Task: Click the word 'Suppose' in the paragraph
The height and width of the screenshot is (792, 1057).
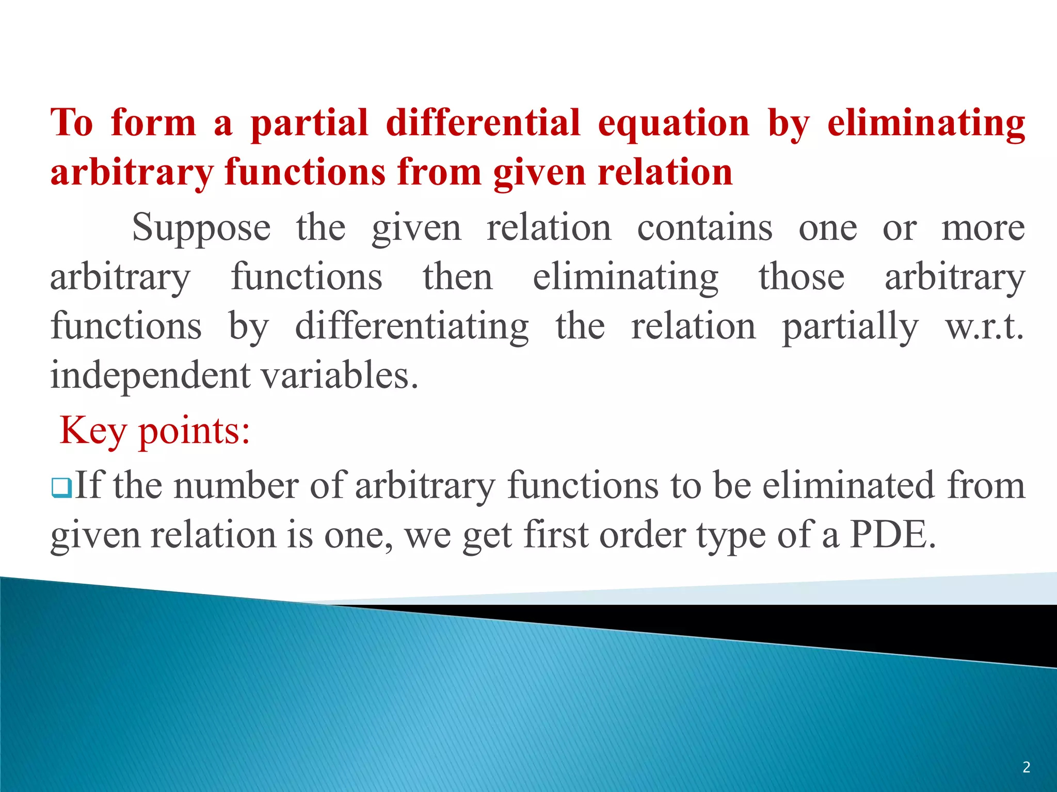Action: coord(201,228)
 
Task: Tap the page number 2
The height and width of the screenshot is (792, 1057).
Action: coord(1026,767)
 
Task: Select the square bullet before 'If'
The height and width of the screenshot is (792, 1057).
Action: coord(61,487)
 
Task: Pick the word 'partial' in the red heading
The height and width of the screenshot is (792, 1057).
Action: coord(309,124)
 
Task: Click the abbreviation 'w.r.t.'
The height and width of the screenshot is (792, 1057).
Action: coord(984,327)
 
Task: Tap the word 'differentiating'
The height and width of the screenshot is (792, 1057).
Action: coord(411,327)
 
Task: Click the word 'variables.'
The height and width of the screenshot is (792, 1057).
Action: coord(340,375)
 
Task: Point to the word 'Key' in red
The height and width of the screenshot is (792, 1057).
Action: coord(92,431)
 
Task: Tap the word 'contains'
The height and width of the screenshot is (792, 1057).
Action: coord(704,228)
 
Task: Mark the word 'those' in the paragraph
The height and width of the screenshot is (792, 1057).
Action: coord(801,277)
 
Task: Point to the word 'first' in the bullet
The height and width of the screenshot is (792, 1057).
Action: coord(556,535)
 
